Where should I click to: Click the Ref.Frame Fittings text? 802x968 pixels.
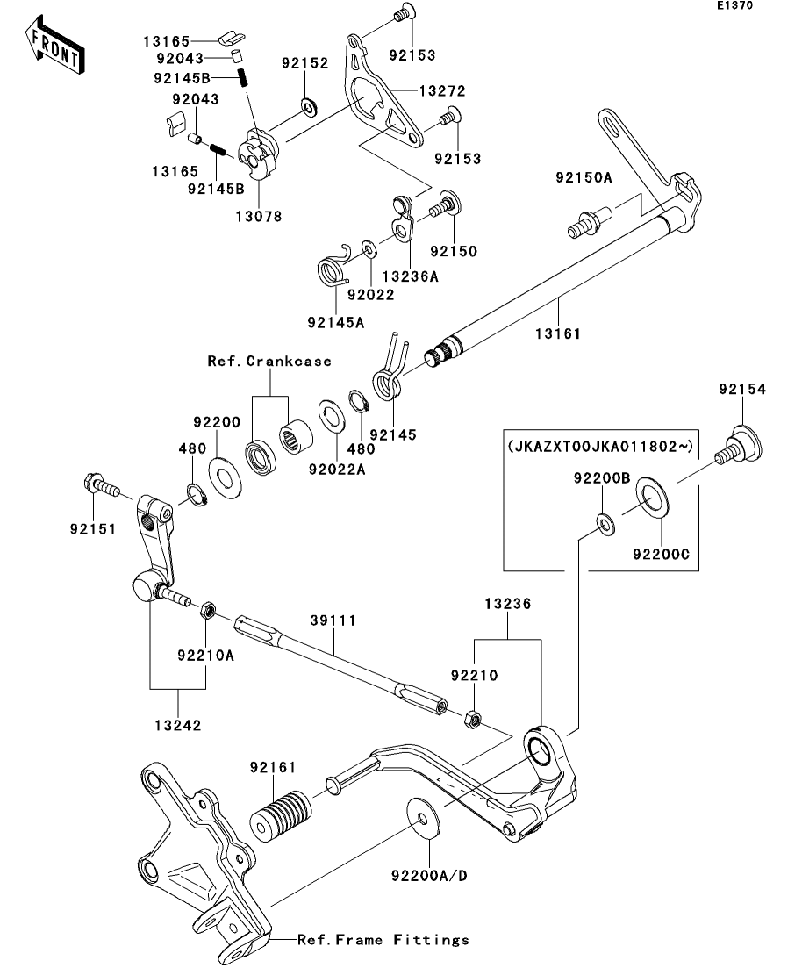(x=383, y=940)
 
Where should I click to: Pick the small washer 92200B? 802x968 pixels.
(x=604, y=524)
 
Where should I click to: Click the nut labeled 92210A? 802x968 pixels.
(x=208, y=610)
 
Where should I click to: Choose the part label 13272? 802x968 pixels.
(x=440, y=90)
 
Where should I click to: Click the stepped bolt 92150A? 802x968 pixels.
(x=581, y=219)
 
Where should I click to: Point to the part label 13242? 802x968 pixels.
(x=179, y=726)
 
